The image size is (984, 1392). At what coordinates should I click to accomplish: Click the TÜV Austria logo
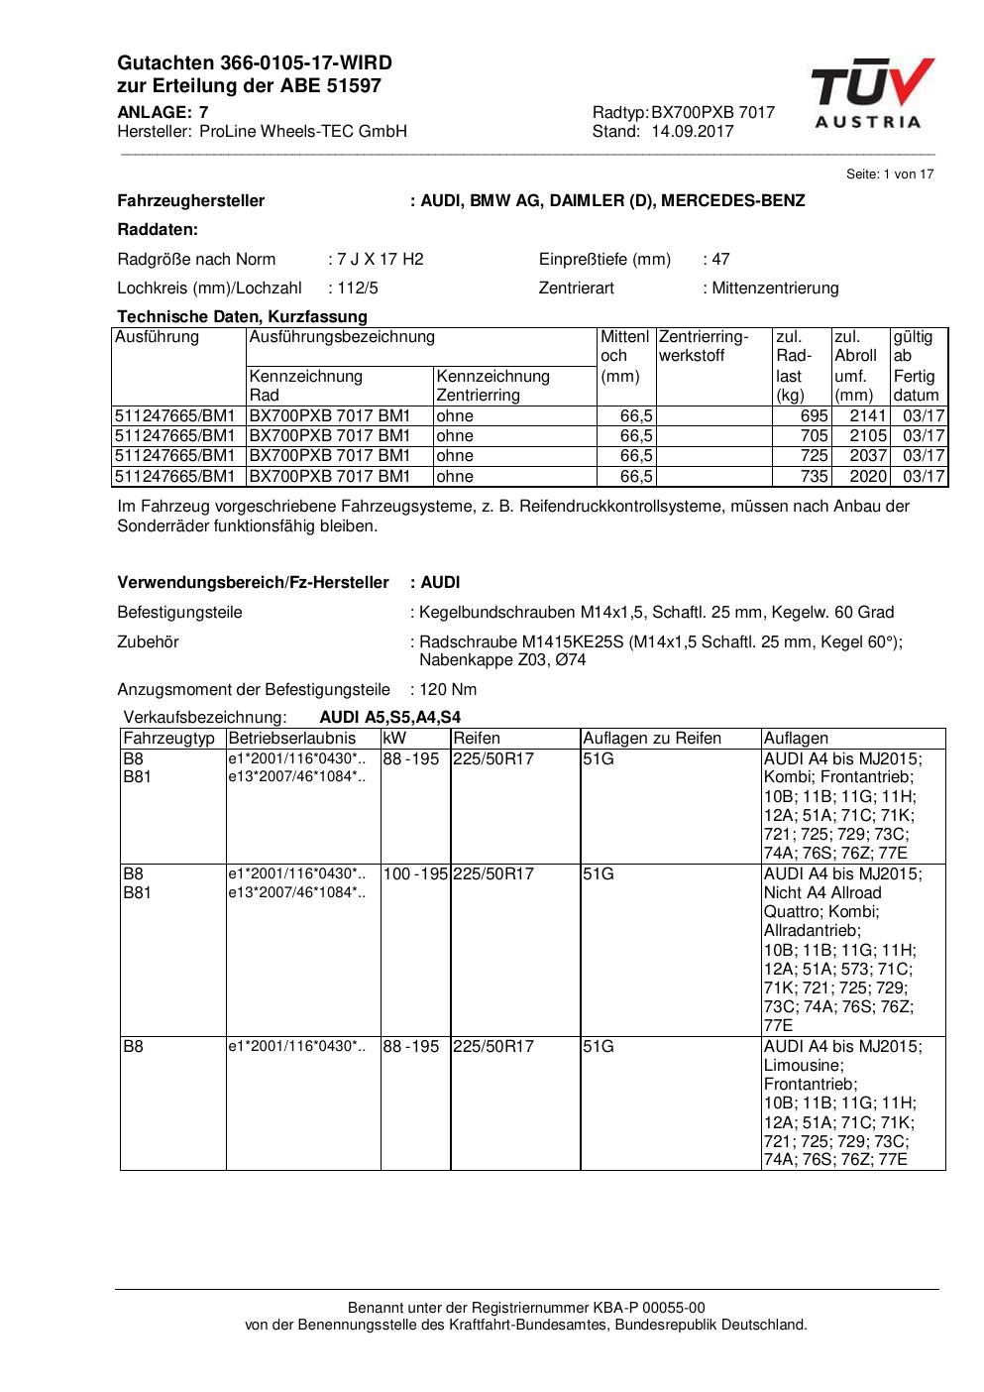point(871,93)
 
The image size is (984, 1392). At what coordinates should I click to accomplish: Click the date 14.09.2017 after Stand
point(692,132)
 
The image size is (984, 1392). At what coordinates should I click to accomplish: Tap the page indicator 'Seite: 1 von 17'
point(889,174)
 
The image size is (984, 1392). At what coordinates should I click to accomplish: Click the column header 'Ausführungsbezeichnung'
point(342,337)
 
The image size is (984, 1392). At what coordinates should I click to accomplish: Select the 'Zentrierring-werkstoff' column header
point(703,346)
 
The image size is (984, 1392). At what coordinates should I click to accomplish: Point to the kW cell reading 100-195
point(416,874)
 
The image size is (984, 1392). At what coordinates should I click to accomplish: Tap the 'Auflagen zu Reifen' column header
point(652,739)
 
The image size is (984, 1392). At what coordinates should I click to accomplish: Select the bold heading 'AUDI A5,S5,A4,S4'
point(389,718)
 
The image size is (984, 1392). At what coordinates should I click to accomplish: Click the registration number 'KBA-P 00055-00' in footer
point(649,1308)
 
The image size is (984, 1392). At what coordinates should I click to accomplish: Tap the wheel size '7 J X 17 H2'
point(380,260)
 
